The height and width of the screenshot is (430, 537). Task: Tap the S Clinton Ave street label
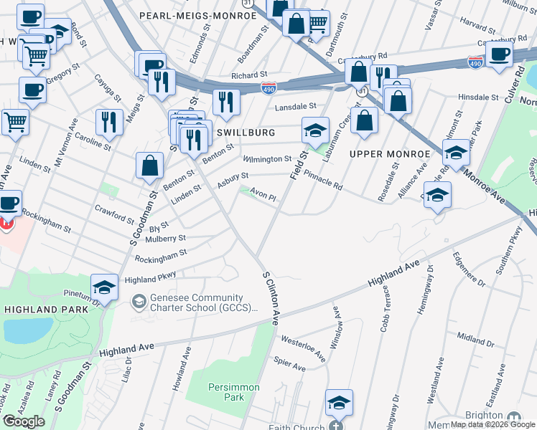click(x=271, y=298)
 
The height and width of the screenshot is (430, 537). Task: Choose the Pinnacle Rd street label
click(x=323, y=179)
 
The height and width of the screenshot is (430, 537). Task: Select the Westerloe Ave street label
click(x=304, y=345)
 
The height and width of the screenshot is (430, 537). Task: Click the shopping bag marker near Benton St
click(x=149, y=165)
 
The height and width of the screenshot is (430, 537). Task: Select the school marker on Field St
click(x=314, y=130)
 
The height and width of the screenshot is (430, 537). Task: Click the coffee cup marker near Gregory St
click(x=32, y=90)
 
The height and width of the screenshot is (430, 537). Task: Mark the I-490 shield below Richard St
click(x=268, y=88)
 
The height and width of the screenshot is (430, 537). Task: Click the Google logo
click(x=24, y=421)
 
